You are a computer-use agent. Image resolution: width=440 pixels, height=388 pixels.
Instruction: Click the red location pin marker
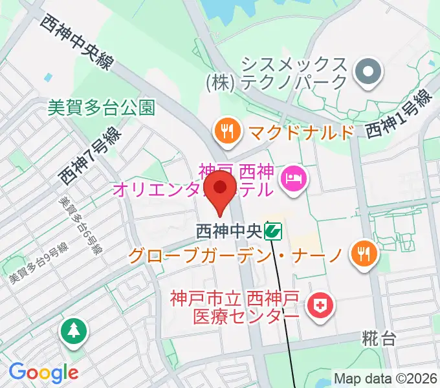tap(219, 189)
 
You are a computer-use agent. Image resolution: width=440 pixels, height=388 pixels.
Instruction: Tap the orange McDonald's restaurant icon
tap(226, 132)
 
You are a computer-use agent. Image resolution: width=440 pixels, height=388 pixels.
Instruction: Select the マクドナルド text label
tap(302, 133)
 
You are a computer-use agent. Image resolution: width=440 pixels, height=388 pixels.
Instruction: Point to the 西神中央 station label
tap(230, 230)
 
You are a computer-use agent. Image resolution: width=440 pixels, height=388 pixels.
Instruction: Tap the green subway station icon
tap(275, 231)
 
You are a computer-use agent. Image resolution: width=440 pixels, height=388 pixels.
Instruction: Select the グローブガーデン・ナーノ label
tap(235, 255)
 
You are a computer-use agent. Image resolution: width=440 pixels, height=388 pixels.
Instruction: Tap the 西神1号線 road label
tap(398, 114)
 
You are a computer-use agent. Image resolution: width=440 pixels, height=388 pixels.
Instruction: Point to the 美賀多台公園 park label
tap(102, 107)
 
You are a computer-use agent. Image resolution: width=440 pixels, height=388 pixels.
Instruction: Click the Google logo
tap(43, 372)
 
